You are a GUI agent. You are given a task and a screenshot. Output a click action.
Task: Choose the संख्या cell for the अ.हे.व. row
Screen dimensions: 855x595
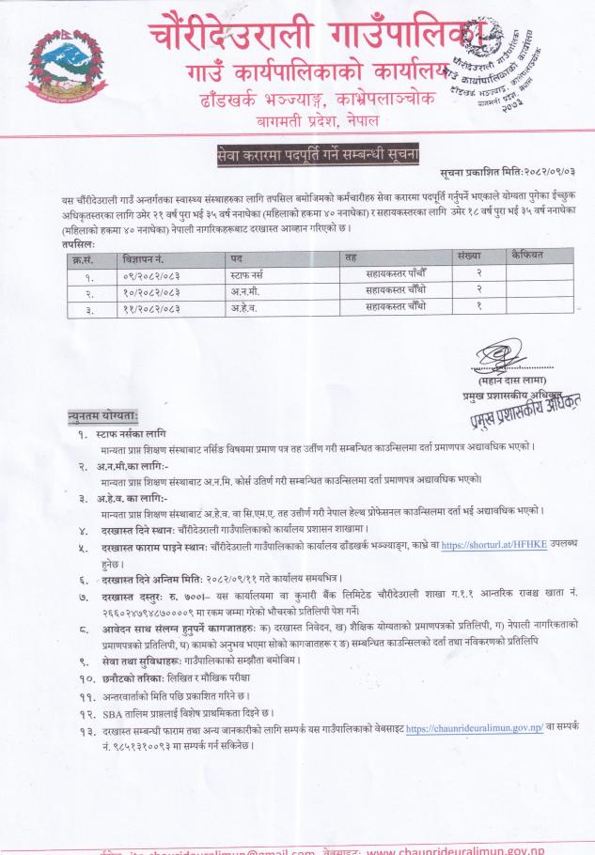point(468,306)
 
